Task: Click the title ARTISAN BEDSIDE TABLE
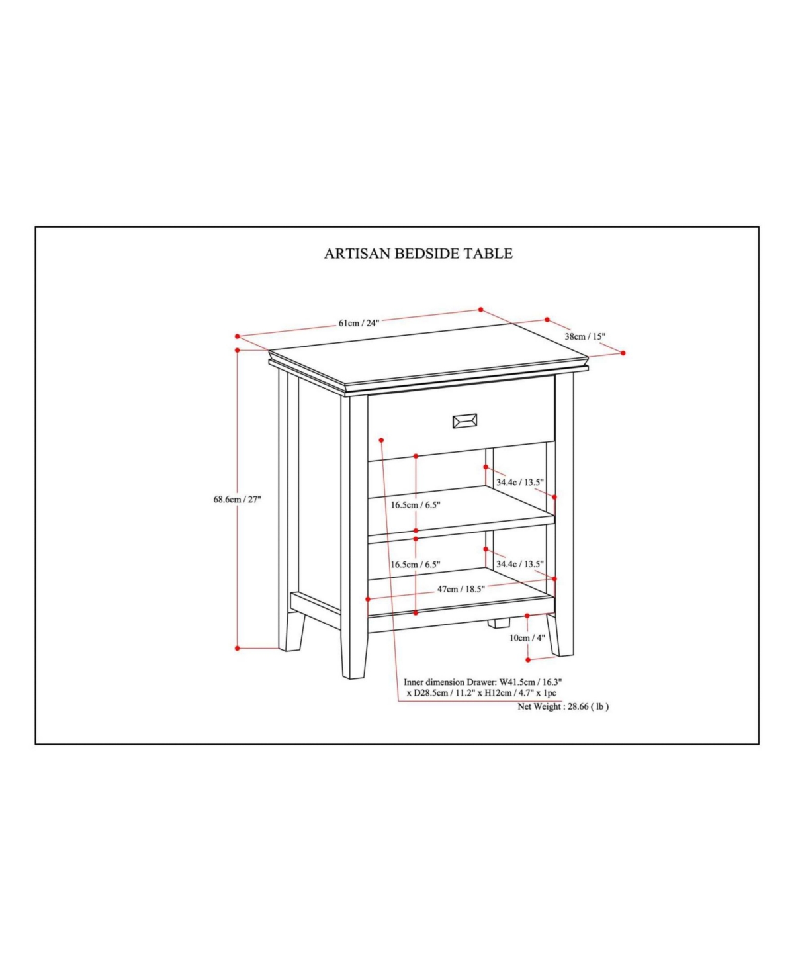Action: point(418,254)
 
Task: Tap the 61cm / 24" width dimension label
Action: point(359,323)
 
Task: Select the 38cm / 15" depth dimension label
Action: point(585,336)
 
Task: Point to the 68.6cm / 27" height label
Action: point(237,499)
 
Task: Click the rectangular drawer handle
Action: point(465,421)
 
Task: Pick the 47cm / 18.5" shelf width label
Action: point(461,589)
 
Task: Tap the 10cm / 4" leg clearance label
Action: point(527,637)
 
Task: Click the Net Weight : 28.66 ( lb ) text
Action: point(563,706)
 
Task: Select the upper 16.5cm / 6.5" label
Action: point(416,504)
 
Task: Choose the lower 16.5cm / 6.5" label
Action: point(416,564)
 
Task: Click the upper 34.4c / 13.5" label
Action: point(520,482)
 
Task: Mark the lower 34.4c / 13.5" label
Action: point(520,563)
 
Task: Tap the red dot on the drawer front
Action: point(382,440)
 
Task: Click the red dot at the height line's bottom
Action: point(238,648)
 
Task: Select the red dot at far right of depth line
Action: point(623,353)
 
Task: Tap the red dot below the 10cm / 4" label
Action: point(528,660)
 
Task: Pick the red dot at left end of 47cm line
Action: point(368,599)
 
